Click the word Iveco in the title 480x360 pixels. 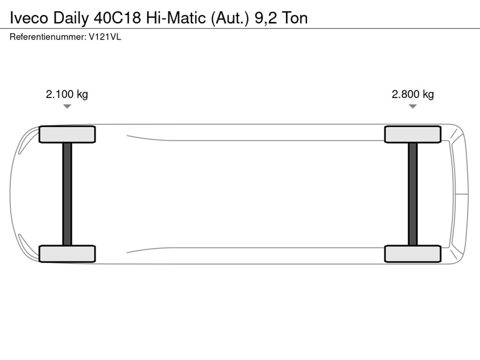pyautogui.click(x=29, y=18)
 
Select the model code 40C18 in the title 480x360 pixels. pyautogui.click(x=117, y=18)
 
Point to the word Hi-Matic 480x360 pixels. pyautogui.click(x=176, y=18)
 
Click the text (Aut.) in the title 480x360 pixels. pyautogui.click(x=230, y=18)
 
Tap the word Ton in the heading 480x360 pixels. pyautogui.click(x=295, y=18)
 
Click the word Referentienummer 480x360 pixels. pyautogui.click(x=48, y=37)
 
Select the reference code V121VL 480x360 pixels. pyautogui.click(x=105, y=37)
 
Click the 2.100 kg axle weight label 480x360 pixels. pyautogui.click(x=67, y=94)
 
